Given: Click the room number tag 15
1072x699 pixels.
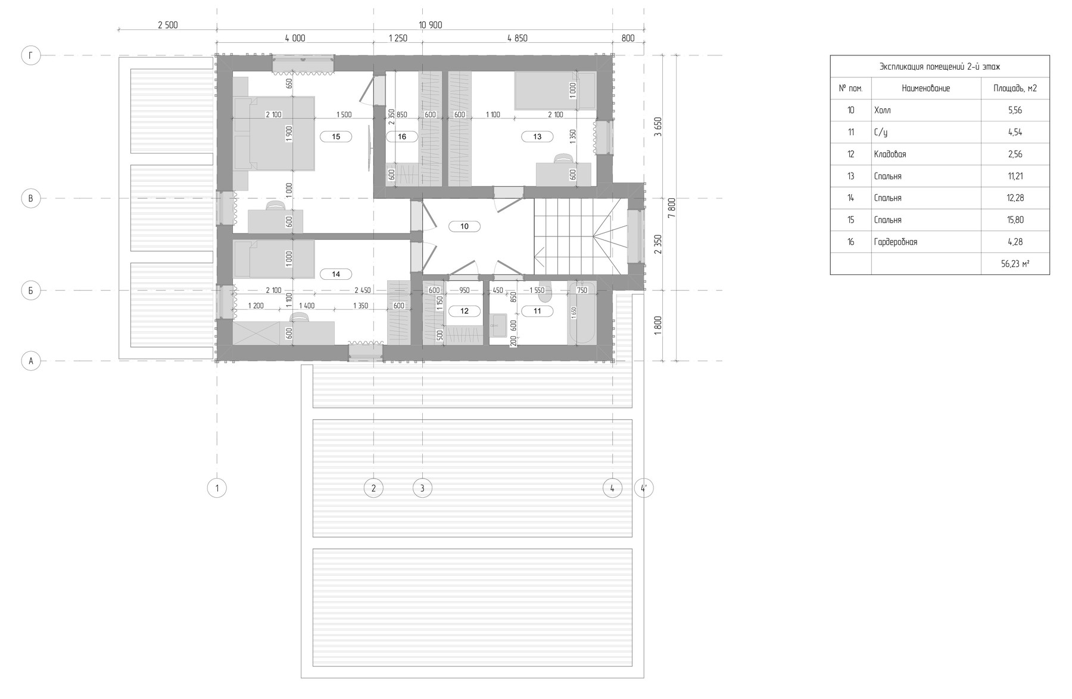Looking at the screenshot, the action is [x=336, y=137].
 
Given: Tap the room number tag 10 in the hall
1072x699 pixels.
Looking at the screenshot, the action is [x=465, y=226].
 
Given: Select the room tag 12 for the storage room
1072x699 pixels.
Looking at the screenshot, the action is [x=465, y=311].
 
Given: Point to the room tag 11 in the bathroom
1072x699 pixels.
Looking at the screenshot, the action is [x=537, y=311].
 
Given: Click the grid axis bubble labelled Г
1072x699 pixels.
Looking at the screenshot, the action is [x=31, y=56].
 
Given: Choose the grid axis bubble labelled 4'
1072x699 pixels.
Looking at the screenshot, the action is [x=644, y=488].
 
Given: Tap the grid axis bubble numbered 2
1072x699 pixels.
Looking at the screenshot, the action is [x=373, y=488].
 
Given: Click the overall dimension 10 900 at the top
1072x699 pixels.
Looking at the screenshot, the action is [x=431, y=25].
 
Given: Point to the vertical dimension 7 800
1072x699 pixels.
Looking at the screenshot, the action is [x=671, y=208].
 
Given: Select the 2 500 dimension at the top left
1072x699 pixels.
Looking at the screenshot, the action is [x=167, y=25].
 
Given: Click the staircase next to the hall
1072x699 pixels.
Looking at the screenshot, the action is [x=581, y=236].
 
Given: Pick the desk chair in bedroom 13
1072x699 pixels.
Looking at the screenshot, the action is [x=563, y=158].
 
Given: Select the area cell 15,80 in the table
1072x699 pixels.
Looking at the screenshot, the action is [x=1015, y=220].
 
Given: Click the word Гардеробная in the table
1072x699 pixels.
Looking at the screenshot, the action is [x=896, y=242].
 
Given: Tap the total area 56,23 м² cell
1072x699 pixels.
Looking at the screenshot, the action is [x=1015, y=264].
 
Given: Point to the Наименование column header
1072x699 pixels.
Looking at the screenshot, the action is [x=926, y=88].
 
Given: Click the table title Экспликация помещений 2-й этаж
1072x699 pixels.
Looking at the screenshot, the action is [x=940, y=67].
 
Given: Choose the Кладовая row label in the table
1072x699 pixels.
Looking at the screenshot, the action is [x=890, y=154].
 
